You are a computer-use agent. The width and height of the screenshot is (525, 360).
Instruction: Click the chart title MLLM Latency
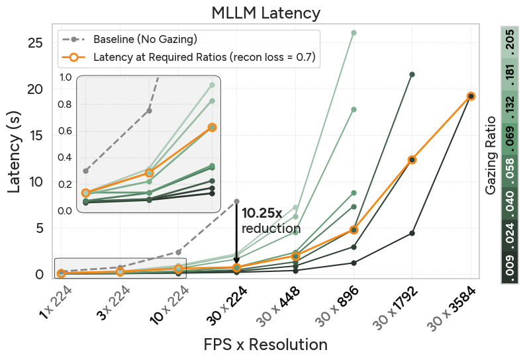[265, 13]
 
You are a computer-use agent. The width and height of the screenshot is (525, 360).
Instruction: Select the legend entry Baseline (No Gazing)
[144, 39]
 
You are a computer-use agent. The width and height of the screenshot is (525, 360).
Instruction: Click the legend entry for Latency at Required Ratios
[204, 58]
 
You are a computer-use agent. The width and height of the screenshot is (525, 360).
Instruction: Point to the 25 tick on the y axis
[35, 43]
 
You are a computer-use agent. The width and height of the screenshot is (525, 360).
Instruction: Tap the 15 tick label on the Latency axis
[35, 135]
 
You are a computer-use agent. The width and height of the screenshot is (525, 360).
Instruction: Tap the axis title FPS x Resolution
[265, 345]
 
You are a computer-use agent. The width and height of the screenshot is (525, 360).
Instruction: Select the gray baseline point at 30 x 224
[236, 201]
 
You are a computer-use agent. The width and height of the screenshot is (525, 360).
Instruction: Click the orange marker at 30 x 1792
[412, 159]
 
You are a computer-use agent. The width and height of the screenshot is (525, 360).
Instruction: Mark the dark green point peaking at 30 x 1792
[412, 74]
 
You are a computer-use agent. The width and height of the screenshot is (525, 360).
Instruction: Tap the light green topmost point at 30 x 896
[354, 32]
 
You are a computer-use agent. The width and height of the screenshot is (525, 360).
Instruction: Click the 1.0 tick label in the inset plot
[65, 77]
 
